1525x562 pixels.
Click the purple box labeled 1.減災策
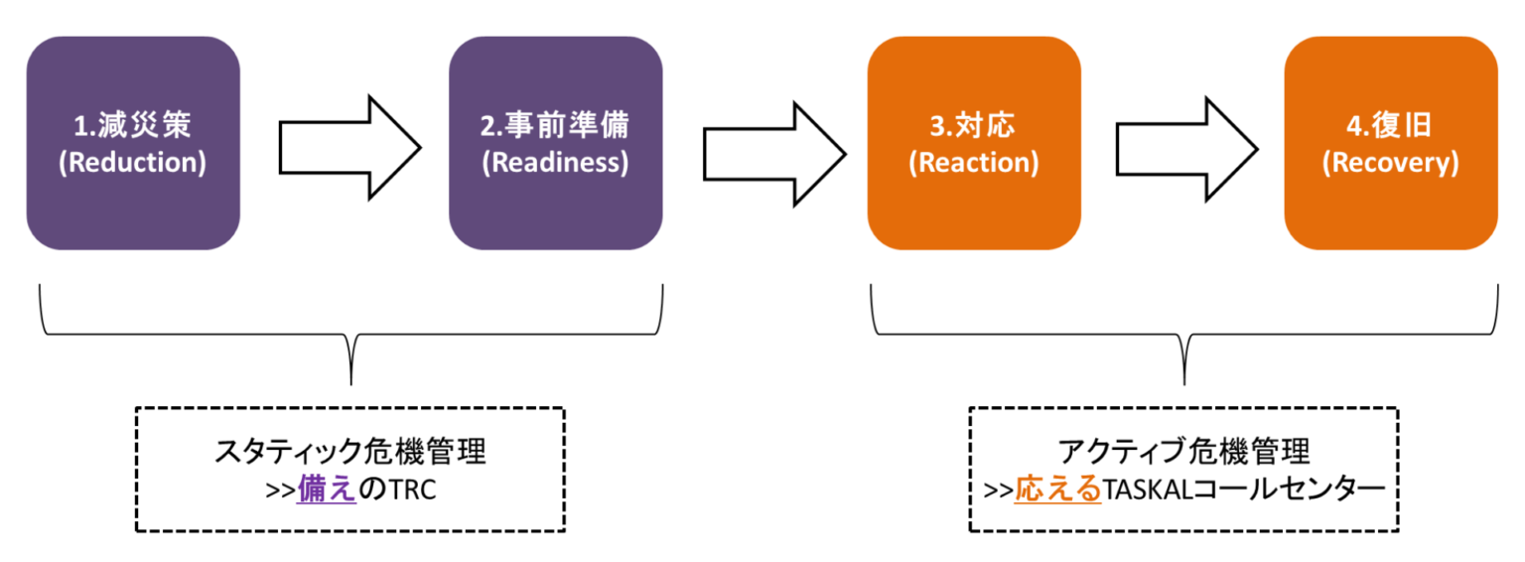coord(132,143)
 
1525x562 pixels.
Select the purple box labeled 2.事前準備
coord(555,143)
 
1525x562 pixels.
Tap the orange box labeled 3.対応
coord(973,143)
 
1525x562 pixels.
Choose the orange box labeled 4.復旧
coord(1390,143)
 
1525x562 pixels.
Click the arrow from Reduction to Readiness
coord(348,148)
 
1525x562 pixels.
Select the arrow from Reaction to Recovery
coord(1185,148)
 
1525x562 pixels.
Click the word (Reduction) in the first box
coord(132,163)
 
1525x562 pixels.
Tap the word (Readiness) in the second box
coord(555,163)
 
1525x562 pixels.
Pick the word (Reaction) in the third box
coord(973,163)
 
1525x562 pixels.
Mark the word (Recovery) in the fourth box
coord(1390,163)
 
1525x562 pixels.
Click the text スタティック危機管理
coord(350,453)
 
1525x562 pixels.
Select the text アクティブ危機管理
coord(1184,453)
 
